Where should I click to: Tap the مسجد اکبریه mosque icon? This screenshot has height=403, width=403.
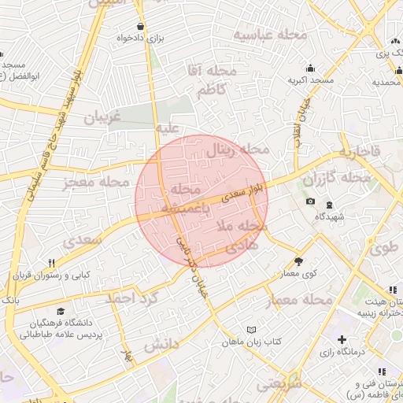(x=312, y=68)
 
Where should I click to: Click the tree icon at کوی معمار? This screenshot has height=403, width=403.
(x=298, y=261)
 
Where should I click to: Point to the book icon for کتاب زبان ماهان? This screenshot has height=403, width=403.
(x=251, y=329)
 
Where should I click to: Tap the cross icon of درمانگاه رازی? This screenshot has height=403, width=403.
(x=341, y=339)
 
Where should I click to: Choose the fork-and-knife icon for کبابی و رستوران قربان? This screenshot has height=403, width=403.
(x=51, y=263)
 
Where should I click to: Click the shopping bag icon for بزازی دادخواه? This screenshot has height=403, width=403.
(x=140, y=25)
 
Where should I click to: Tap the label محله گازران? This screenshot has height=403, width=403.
(x=337, y=179)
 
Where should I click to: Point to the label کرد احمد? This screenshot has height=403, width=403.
(x=131, y=298)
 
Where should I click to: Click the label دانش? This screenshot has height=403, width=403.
(x=163, y=344)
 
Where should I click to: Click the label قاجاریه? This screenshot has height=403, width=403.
(x=359, y=150)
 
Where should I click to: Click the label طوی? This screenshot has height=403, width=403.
(x=383, y=248)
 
